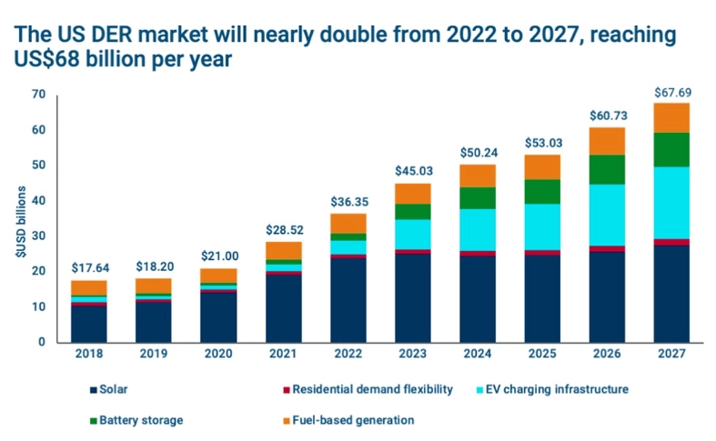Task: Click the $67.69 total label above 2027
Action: point(671,92)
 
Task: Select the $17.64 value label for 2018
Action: point(89,268)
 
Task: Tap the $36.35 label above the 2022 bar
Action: point(348,202)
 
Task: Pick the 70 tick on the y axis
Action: point(37,95)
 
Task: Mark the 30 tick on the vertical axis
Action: point(37,236)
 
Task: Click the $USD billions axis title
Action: point(18,218)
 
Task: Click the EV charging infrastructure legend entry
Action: point(554,389)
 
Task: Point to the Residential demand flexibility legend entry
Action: point(368,389)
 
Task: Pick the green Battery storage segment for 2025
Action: point(542,191)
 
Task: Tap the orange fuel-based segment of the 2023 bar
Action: point(412,194)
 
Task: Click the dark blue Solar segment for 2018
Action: point(89,325)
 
